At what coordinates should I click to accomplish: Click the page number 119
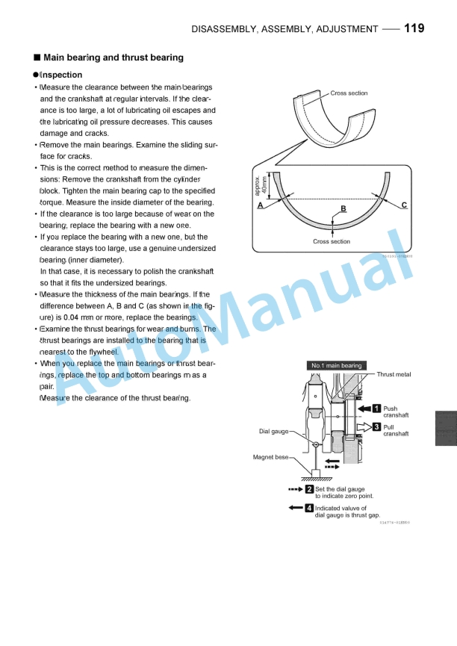coord(414,28)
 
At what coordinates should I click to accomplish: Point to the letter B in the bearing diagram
coord(343,208)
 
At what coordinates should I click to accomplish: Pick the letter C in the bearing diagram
coord(404,204)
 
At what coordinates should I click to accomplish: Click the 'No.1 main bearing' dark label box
coord(337,366)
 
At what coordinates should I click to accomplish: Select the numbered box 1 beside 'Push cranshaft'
coord(377,409)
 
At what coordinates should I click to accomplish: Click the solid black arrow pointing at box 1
coord(364,409)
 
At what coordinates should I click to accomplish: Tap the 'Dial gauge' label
coord(273,432)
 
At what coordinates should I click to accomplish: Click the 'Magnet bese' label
coord(271,457)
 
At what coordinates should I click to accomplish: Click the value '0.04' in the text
coord(72,317)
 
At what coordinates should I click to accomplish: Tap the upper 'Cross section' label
coord(349,93)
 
